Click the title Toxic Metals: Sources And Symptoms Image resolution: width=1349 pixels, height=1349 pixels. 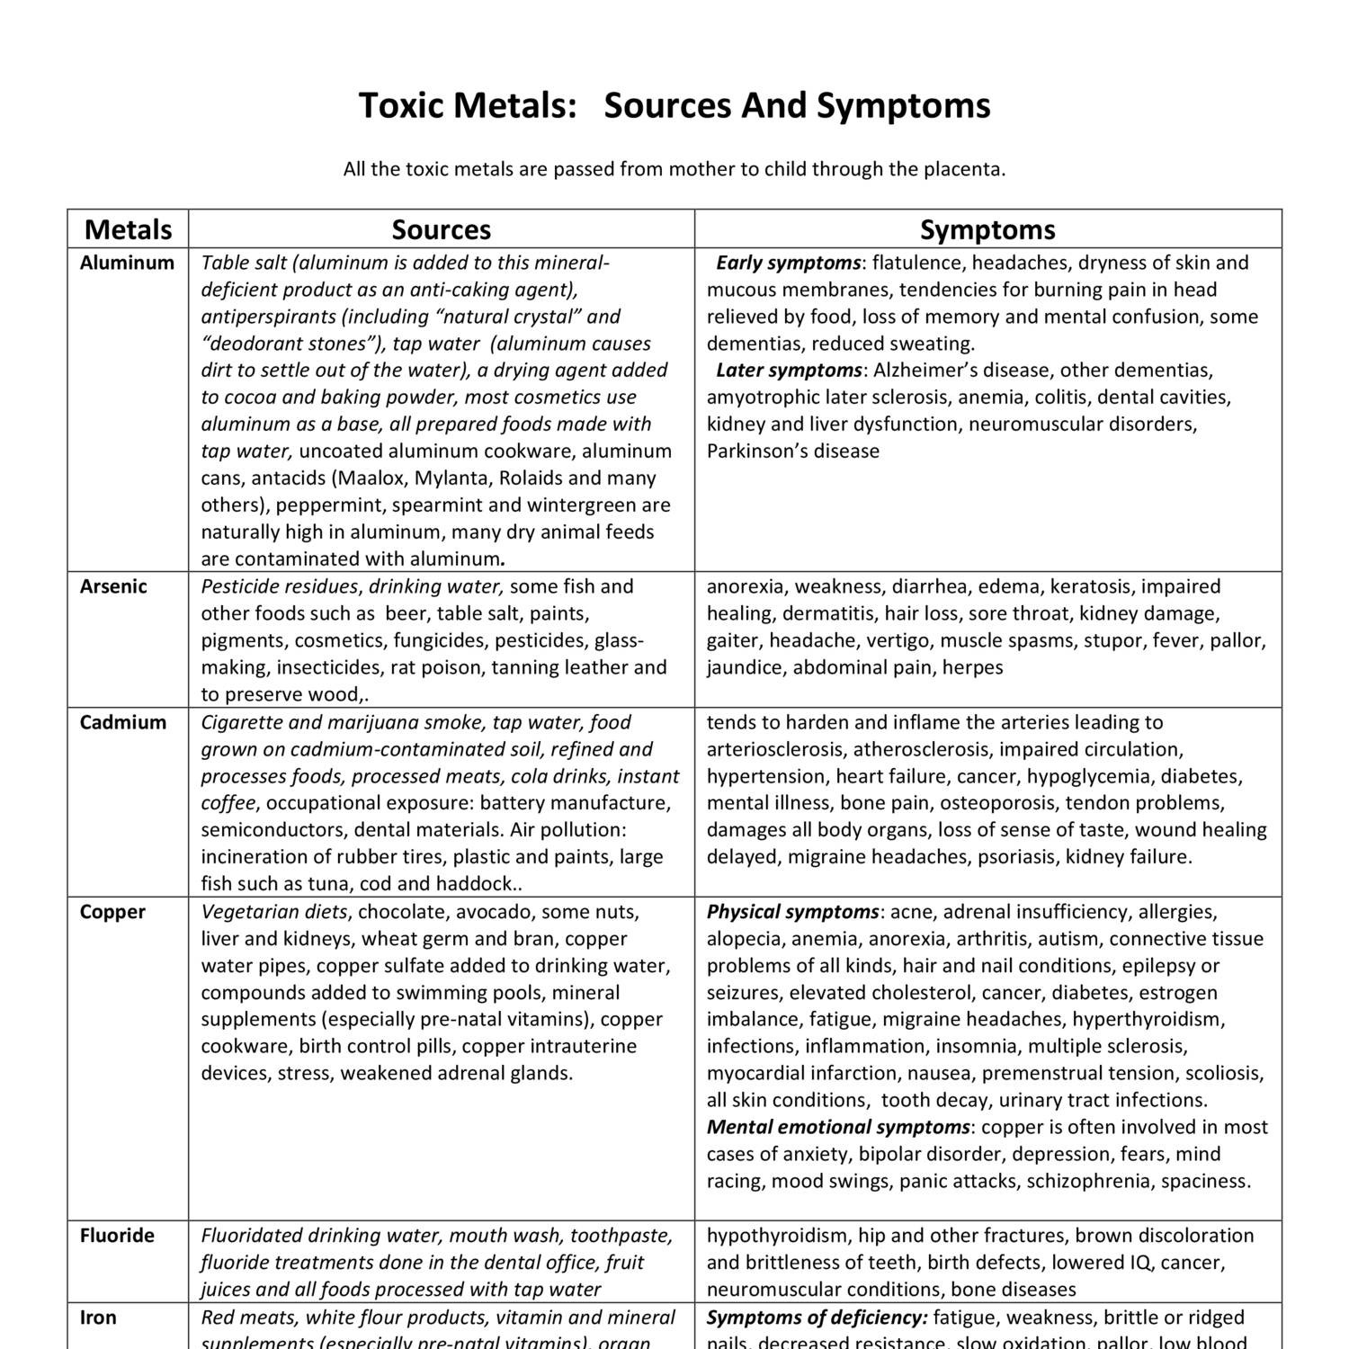click(x=674, y=105)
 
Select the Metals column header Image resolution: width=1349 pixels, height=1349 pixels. click(x=128, y=229)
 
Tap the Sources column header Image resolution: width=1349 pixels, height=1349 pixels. click(x=441, y=229)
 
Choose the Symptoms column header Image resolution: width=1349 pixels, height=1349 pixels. click(x=987, y=229)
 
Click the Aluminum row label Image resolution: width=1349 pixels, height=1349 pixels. click(x=127, y=263)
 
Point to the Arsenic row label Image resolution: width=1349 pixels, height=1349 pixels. click(x=113, y=586)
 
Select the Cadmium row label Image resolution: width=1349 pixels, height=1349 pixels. click(x=123, y=722)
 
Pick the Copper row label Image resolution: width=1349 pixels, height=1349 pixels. click(x=112, y=912)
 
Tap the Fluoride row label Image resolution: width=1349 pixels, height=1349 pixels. click(x=117, y=1236)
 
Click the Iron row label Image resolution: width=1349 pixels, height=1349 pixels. click(x=98, y=1318)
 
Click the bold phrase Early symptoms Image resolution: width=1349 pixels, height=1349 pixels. click(x=788, y=263)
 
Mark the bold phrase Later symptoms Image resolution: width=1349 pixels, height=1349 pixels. click(x=788, y=371)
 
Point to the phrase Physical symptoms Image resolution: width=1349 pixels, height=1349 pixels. click(x=792, y=912)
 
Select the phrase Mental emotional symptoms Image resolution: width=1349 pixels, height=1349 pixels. click(x=838, y=1128)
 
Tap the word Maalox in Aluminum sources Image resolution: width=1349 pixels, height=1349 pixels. click(x=373, y=478)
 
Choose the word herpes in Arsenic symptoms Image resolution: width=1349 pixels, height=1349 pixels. click(x=973, y=667)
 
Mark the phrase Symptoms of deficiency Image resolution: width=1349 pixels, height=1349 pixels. click(x=817, y=1318)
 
